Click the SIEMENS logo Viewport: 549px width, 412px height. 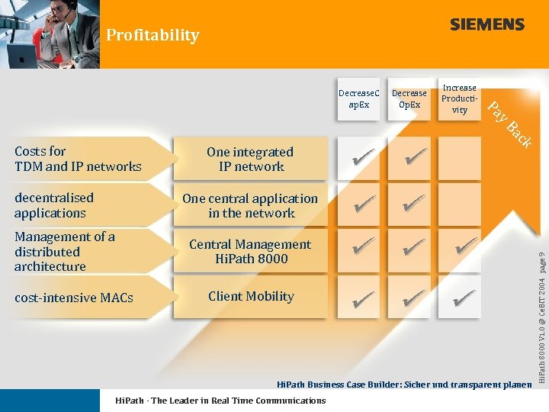pos(486,24)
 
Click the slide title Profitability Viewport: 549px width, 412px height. pos(152,35)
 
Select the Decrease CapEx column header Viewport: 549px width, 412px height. pos(358,98)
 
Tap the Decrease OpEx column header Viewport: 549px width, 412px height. pos(409,98)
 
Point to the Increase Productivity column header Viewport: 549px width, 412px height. pos(459,98)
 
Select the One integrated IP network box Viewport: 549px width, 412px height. pos(250,159)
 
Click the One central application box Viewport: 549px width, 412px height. pos(250,205)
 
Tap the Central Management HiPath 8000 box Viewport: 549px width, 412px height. pos(250,252)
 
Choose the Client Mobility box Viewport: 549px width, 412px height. pos(250,297)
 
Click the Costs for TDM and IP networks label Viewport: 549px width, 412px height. pos(78,159)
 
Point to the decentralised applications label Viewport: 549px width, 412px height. pos(54,205)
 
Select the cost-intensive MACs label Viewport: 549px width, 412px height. pos(73,298)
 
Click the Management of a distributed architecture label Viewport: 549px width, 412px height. pos(65,252)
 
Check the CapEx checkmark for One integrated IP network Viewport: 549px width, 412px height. pos(364,159)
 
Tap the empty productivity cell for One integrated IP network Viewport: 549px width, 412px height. pos(460,159)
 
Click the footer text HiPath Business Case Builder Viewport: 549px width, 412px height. pos(403,385)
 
